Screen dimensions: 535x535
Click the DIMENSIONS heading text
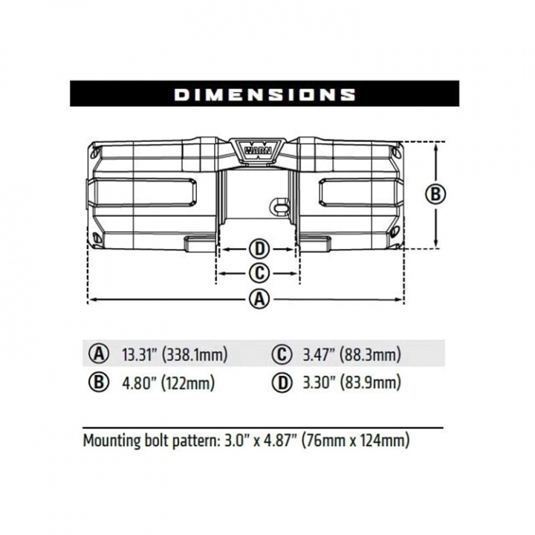pos(265,94)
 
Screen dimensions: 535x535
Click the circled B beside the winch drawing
pos(435,194)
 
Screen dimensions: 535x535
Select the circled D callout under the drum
pos(259,249)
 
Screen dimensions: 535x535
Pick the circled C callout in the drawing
pos(259,273)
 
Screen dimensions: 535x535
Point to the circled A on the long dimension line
pos(259,299)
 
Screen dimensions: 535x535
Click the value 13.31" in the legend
pos(139,354)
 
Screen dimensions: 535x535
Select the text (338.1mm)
pos(195,355)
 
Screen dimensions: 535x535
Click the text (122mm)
pos(188,383)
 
